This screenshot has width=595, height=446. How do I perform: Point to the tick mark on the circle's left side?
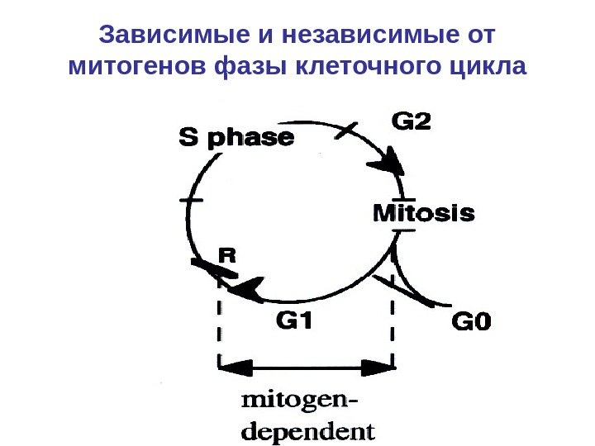191,201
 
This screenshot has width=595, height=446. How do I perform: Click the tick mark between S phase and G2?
348,129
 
